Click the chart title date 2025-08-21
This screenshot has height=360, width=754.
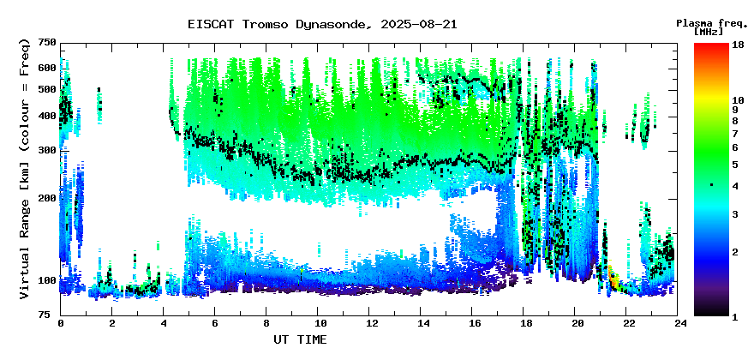coord(418,24)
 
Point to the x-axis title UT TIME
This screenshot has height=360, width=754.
coord(300,339)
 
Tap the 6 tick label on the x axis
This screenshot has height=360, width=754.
coord(214,323)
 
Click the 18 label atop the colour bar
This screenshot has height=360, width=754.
coord(738,45)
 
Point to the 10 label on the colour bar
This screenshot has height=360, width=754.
coord(738,100)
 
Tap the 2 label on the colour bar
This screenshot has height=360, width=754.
coord(736,252)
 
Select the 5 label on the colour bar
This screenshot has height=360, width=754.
coord(736,165)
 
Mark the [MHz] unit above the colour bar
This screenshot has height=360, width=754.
coord(709,32)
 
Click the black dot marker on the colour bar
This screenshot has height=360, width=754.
coord(711,184)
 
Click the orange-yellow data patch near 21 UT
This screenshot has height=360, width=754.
coord(613,279)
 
